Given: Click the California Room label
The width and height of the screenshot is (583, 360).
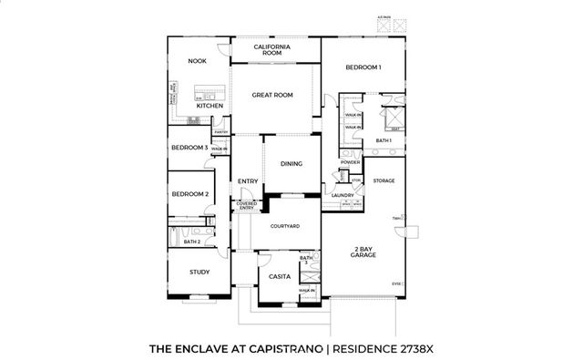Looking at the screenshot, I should click(272, 49).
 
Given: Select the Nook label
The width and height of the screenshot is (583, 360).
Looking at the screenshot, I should click(198, 61).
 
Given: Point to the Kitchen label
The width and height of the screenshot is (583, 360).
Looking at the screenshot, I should click(210, 106).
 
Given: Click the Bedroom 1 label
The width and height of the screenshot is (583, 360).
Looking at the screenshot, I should click(363, 67).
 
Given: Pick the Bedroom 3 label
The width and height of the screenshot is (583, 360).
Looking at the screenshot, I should click(189, 147).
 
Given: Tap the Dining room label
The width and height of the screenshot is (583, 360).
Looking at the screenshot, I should click(291, 164).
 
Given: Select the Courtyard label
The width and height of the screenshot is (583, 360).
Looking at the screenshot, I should click(284, 225).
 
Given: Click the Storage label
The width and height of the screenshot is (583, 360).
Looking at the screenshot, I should click(383, 180).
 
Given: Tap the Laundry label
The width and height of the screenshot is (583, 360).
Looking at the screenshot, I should click(343, 195).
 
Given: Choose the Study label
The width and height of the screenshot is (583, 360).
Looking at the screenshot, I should click(199, 273).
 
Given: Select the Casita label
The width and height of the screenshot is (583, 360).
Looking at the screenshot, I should click(279, 275).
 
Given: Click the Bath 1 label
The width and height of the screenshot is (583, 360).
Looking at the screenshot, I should click(384, 140).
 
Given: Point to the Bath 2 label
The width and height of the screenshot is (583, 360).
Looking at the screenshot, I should click(191, 242).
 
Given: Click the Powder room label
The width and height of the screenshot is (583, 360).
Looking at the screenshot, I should click(351, 162).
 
